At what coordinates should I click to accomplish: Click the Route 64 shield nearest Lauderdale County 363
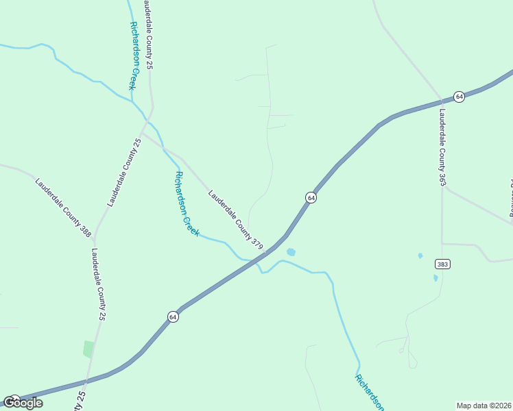click(x=459, y=97)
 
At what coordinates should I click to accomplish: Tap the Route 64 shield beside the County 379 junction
click(x=311, y=197)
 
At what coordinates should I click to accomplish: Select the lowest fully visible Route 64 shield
click(x=174, y=317)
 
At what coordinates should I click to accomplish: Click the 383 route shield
click(x=442, y=264)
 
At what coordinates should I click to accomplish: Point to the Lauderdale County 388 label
click(x=63, y=207)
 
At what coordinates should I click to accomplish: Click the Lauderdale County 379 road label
click(x=236, y=219)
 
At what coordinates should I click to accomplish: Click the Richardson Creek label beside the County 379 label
click(x=187, y=203)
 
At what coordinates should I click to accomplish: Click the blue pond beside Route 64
click(x=291, y=252)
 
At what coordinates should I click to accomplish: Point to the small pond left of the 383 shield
click(x=420, y=256)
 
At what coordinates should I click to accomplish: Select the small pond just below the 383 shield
click(x=436, y=278)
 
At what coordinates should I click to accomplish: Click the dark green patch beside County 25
click(x=88, y=349)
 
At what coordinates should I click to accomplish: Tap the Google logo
click(x=23, y=403)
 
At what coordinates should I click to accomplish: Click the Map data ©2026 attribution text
click(x=484, y=405)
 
